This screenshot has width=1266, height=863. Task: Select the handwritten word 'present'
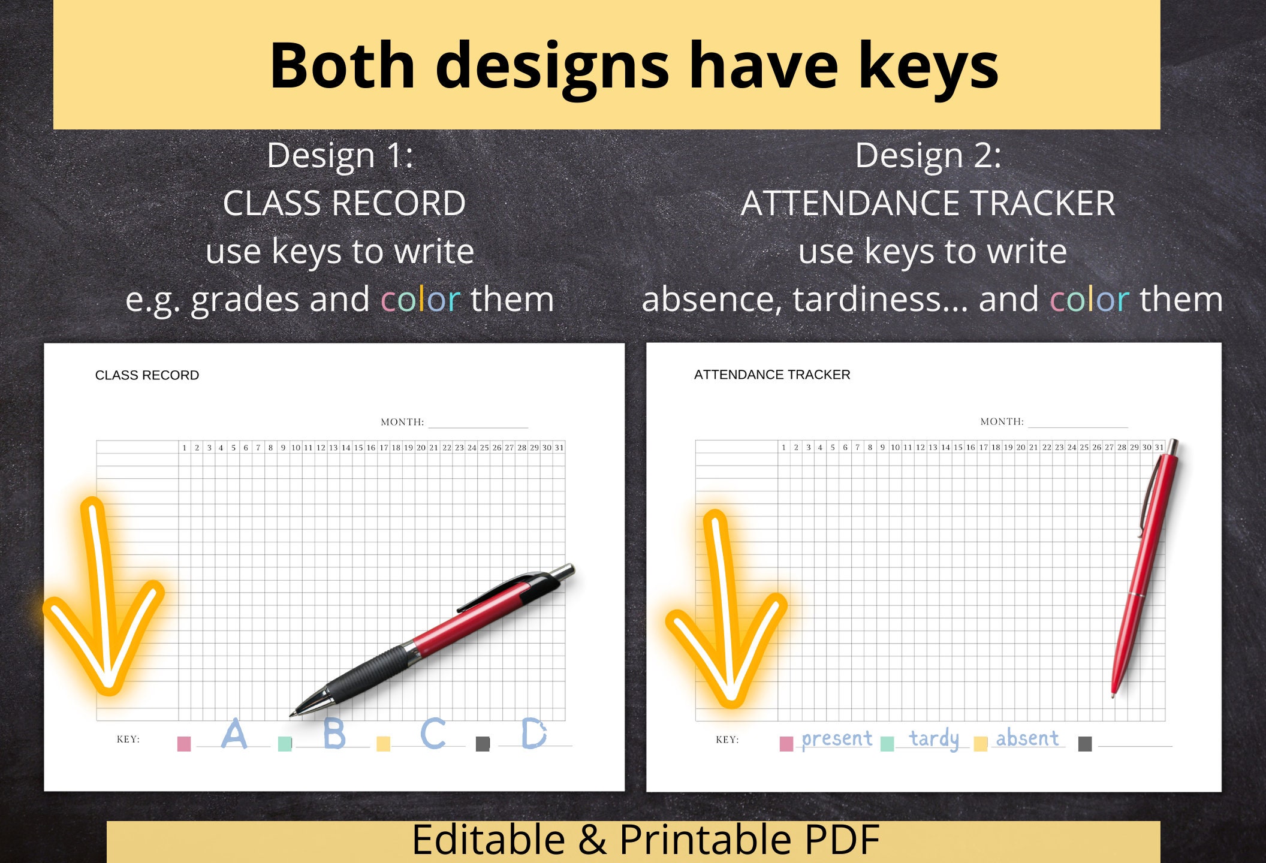(837, 739)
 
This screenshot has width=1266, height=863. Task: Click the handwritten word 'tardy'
(934, 739)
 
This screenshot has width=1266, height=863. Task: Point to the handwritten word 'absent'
(1027, 738)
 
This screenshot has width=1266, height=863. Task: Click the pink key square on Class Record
(184, 744)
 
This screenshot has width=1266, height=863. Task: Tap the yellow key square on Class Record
(383, 744)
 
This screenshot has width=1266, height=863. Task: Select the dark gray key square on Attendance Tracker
(1085, 744)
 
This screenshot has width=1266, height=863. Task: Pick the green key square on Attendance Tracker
(887, 744)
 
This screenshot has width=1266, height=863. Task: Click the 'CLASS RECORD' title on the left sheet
(147, 375)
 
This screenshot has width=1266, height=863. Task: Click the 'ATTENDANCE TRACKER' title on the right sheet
(772, 375)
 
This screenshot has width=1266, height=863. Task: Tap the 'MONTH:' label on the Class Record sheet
(402, 422)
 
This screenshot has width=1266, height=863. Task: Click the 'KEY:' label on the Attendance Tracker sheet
(727, 740)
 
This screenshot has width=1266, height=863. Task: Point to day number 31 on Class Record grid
(559, 448)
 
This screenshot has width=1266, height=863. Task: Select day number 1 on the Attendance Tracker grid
(783, 447)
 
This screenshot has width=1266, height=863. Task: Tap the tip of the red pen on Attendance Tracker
(1113, 696)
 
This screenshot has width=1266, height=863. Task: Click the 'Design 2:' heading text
(928, 155)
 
